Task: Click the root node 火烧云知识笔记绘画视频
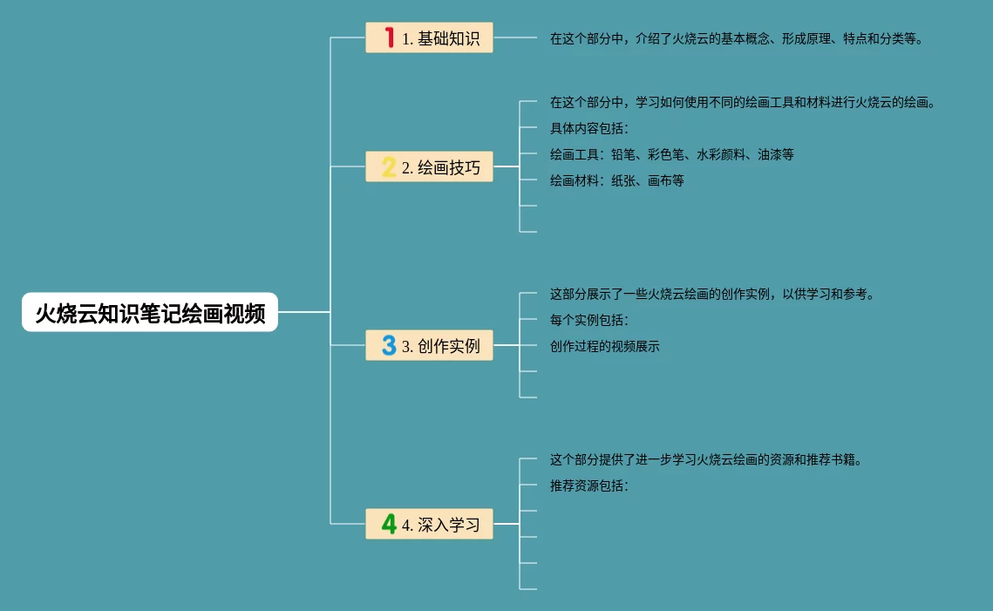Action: point(150,313)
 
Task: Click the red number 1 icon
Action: point(389,37)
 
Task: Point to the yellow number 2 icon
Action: point(389,166)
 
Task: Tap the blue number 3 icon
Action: point(389,346)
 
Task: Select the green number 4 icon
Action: point(389,524)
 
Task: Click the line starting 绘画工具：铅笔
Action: point(671,154)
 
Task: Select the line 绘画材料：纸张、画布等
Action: point(616,180)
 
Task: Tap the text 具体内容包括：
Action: point(588,128)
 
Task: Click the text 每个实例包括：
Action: point(588,320)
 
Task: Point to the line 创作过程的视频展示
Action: point(604,346)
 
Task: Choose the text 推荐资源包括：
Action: point(588,485)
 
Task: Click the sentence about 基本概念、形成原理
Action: point(736,38)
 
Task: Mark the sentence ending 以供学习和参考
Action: point(711,294)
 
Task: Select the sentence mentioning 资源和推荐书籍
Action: point(706,459)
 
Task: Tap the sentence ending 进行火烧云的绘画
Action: point(743,102)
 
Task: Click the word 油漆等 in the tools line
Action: point(776,154)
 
